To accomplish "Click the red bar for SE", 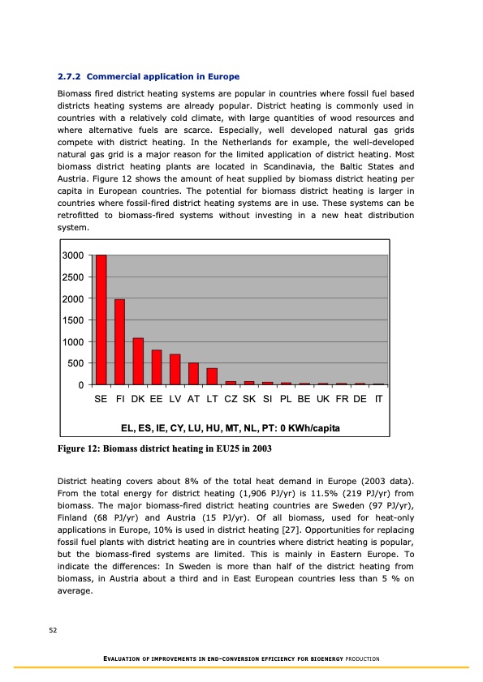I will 101,320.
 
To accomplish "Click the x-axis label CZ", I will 231,401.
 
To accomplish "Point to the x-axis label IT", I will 378,401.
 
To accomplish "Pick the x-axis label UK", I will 322,401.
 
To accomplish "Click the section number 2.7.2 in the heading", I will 71,77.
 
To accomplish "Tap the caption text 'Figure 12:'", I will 83,448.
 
